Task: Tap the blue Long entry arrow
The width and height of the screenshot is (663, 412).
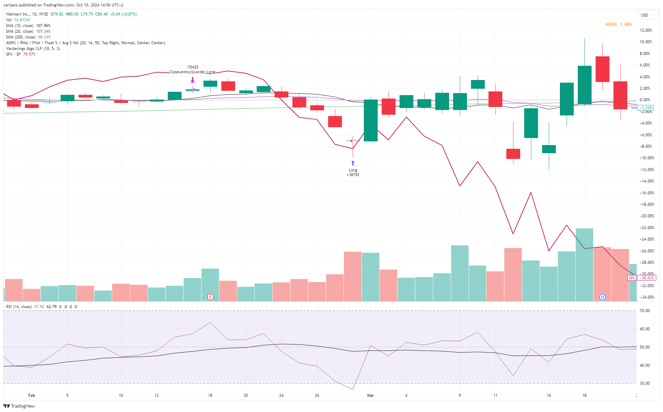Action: click(x=353, y=163)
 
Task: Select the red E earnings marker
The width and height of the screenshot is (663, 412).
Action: click(x=210, y=297)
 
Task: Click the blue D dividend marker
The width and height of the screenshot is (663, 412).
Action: click(x=602, y=297)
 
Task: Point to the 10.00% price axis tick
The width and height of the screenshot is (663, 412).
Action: click(x=646, y=42)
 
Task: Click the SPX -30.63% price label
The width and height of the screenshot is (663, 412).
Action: click(x=641, y=278)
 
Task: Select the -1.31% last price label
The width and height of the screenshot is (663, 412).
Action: click(x=645, y=108)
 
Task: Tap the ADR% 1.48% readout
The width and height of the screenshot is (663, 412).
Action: click(x=619, y=25)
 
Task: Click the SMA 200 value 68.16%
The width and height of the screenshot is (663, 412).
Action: click(x=44, y=37)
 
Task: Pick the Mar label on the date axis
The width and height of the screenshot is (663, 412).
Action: click(x=371, y=395)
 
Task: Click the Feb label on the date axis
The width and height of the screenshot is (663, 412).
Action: click(x=32, y=395)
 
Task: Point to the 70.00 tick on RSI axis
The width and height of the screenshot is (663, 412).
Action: click(x=645, y=311)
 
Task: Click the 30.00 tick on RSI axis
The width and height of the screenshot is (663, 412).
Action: click(x=645, y=383)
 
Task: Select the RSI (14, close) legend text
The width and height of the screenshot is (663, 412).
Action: click(x=19, y=307)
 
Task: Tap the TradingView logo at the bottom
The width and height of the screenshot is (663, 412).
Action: click(x=19, y=406)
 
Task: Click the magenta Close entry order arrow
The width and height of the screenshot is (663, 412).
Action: click(x=192, y=80)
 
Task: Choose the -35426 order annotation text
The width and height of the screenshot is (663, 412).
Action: click(x=192, y=67)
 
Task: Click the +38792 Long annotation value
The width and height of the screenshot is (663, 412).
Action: click(x=353, y=175)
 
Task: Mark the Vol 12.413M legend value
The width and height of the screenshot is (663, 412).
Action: click(x=22, y=20)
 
